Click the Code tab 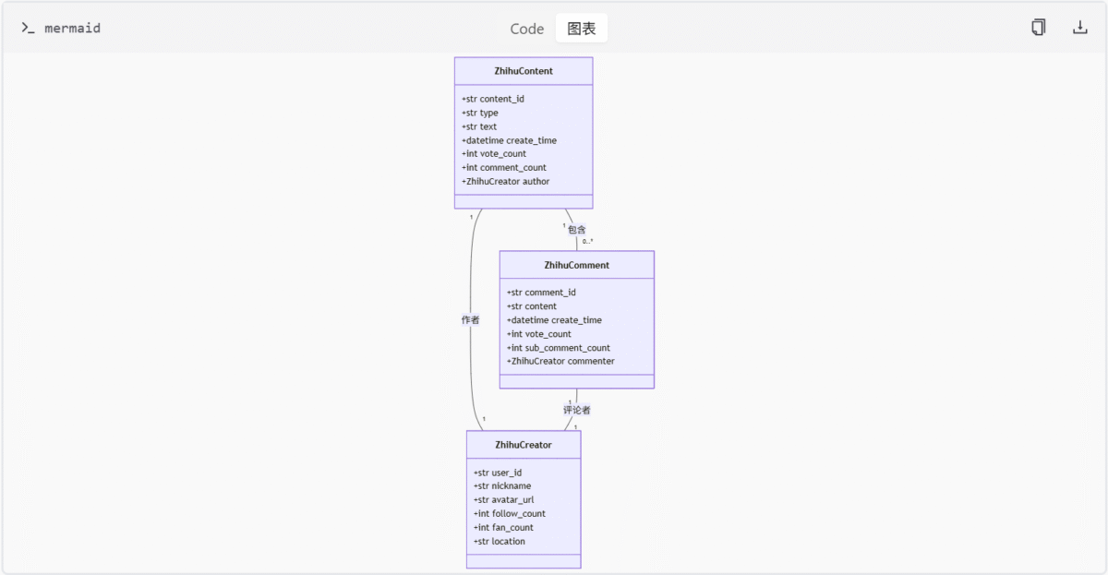point(527,29)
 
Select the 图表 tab point(581,29)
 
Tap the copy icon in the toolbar point(1038,27)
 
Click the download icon point(1079,27)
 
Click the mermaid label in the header point(72,29)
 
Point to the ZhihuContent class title point(524,71)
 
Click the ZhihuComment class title point(577,265)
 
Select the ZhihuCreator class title point(524,445)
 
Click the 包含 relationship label point(577,230)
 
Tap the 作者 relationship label point(470,320)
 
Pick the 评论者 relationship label point(577,410)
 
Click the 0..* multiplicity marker point(587,241)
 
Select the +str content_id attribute point(493,99)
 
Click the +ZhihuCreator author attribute point(506,182)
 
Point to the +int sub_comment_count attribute point(558,348)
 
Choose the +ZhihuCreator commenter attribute point(560,362)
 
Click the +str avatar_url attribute point(503,500)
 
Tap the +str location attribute point(500,542)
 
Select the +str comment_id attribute point(541,293)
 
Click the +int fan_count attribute point(503,528)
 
